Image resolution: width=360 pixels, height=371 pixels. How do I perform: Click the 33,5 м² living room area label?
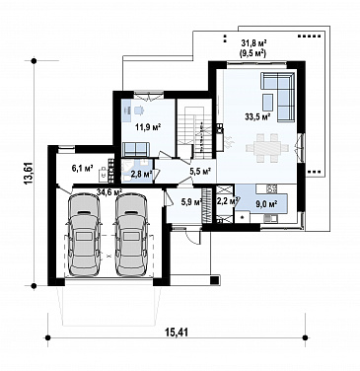click(x=257, y=116)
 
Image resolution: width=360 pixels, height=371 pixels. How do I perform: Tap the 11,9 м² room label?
click(x=148, y=127)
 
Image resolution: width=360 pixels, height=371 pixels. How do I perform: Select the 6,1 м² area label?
click(x=83, y=169)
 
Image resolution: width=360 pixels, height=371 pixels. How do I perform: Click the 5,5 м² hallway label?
click(x=200, y=171)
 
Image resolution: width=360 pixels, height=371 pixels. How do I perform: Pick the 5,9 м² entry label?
click(x=191, y=202)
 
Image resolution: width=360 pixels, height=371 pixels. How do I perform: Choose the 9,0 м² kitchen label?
click(x=266, y=204)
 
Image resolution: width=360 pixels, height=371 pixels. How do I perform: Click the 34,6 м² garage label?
click(x=109, y=191)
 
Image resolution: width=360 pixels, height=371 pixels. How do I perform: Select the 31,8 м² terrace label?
click(x=253, y=43)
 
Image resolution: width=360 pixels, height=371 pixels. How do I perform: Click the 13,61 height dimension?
click(x=29, y=173)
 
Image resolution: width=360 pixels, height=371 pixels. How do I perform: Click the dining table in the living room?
click(x=267, y=148)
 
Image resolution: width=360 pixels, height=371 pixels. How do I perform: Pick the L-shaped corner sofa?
click(x=278, y=95)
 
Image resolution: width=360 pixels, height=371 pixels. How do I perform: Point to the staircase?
click(x=193, y=130)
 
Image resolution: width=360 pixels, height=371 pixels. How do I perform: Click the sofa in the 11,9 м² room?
click(x=136, y=149)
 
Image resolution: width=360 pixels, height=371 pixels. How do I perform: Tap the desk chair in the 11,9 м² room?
click(x=139, y=110)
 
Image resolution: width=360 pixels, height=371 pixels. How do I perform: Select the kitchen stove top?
click(x=271, y=188)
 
